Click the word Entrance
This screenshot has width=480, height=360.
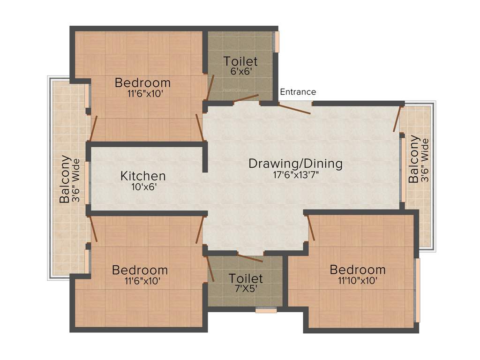tap(298, 92)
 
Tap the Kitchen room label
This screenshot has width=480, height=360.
tap(143, 176)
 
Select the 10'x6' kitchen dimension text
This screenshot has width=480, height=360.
tap(143, 187)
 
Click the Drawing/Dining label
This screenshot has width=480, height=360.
tap(295, 164)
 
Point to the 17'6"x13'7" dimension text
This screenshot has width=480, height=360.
tap(295, 175)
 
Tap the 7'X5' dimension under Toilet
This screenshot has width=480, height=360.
tap(246, 288)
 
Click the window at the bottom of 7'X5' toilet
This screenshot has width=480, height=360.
tap(266, 310)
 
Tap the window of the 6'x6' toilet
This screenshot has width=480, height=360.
tap(277, 42)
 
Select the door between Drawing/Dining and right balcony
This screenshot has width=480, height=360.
tap(398, 119)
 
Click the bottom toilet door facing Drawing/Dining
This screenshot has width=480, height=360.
tap(250, 257)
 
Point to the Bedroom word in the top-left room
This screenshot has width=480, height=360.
tap(143, 83)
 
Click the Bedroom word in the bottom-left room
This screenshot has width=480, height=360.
tap(140, 270)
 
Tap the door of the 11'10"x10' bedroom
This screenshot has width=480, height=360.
tap(311, 228)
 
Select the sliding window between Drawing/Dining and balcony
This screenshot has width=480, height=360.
tap(402, 169)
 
